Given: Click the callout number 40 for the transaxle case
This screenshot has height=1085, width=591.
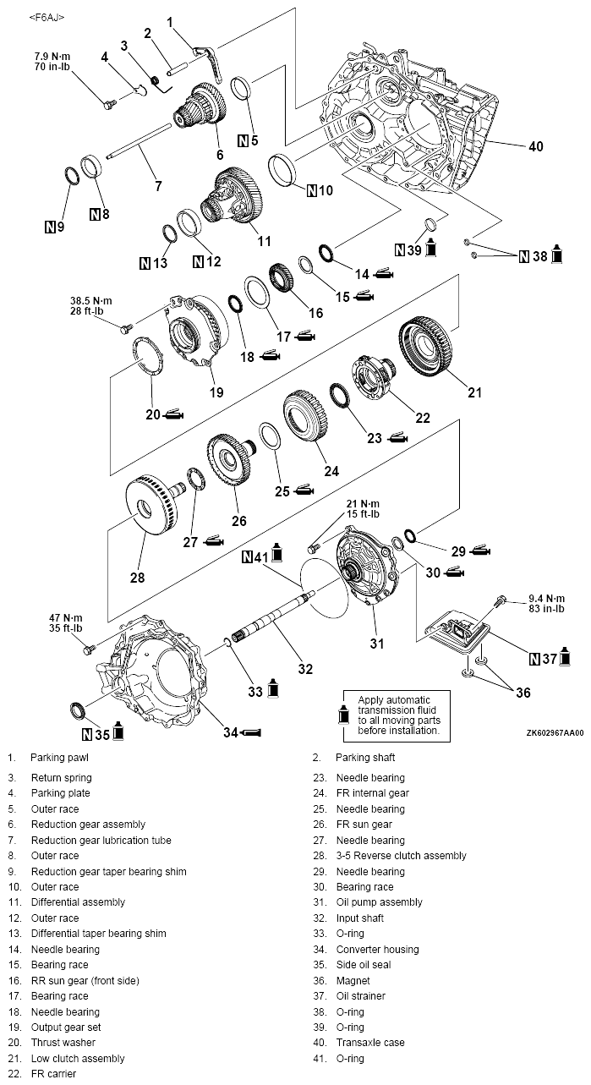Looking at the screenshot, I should point(536,146).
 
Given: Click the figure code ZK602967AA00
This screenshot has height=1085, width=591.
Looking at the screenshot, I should point(554,734).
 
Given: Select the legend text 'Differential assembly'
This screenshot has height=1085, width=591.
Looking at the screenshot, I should point(78,902).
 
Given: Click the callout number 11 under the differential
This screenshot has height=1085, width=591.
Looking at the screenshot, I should point(265,241).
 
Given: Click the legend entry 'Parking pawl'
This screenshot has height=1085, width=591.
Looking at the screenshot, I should point(58,758).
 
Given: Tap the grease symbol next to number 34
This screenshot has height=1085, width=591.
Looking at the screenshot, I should point(253,732).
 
